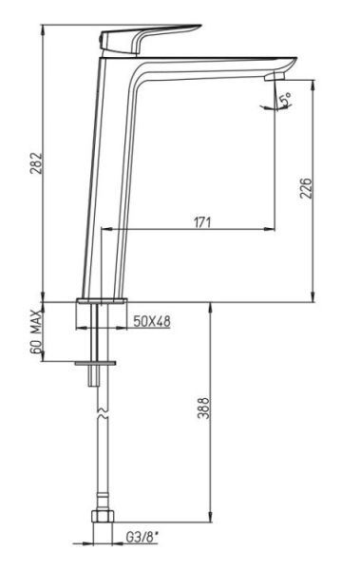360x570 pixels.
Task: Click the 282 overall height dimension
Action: (x=36, y=162)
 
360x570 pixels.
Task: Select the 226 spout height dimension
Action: (x=306, y=188)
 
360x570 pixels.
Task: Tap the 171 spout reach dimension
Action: (x=201, y=222)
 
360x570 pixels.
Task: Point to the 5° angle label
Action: (x=286, y=100)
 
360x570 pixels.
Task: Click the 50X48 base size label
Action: (x=152, y=321)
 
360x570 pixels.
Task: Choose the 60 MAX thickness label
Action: (x=36, y=332)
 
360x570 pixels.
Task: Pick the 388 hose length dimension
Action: (x=204, y=408)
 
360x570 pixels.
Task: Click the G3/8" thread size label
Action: (x=142, y=538)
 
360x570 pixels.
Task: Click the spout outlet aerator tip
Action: (x=275, y=76)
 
